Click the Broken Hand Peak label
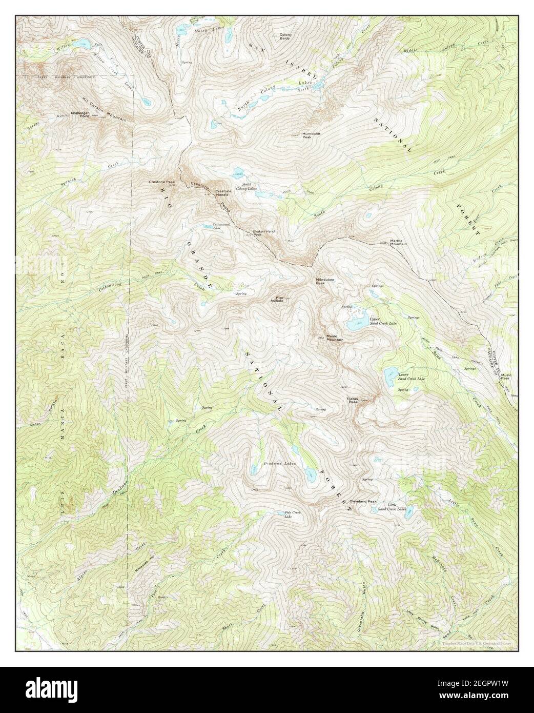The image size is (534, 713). (264, 233)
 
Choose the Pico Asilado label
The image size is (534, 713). (280, 299)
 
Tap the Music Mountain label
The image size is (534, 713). (335, 338)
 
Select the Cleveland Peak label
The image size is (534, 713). (363, 501)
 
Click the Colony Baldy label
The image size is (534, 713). (285, 36)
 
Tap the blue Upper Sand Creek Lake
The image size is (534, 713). (354, 324)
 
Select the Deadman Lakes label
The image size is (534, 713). (280, 463)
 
